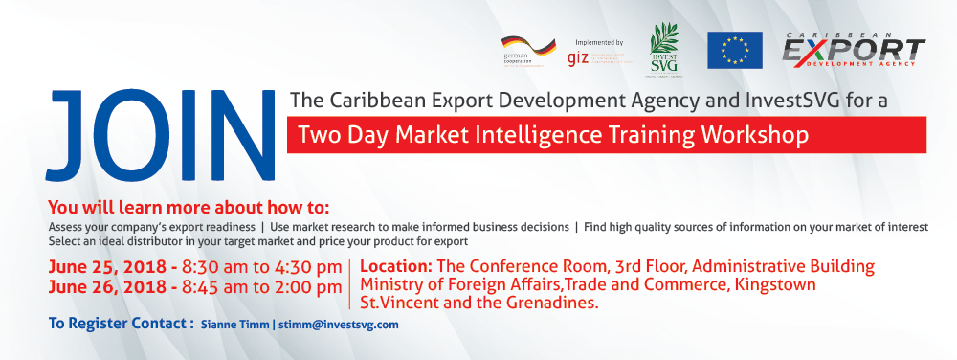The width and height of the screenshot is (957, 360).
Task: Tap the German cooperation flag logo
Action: click(x=528, y=51)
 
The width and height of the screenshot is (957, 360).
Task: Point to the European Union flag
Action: click(x=734, y=50)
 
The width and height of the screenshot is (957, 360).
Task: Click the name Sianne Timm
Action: click(x=234, y=325)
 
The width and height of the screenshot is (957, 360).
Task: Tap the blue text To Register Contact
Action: click(x=120, y=324)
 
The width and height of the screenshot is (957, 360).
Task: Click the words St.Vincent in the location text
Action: click(x=399, y=304)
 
